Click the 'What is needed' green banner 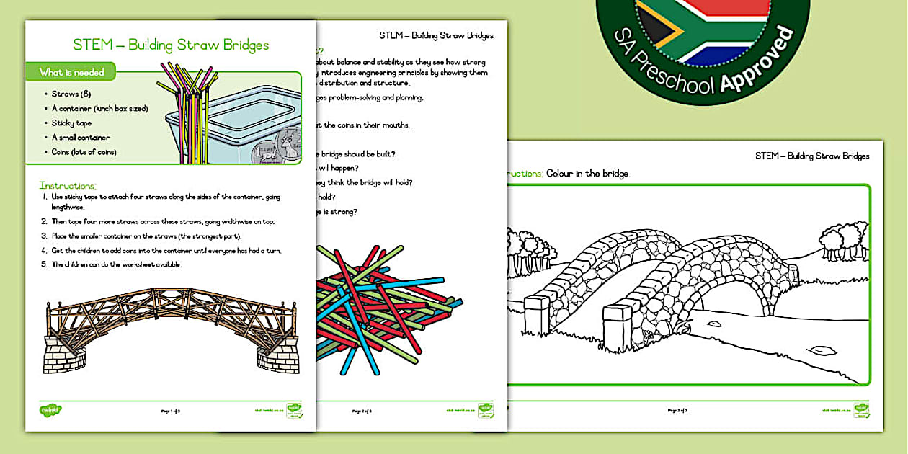tap(72, 72)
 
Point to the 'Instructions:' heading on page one tap(68, 186)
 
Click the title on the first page tap(171, 45)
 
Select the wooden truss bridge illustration tap(172, 329)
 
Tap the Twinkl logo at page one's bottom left tap(50, 410)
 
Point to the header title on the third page tap(812, 156)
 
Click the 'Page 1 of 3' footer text tap(171, 411)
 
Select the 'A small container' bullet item tap(80, 138)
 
